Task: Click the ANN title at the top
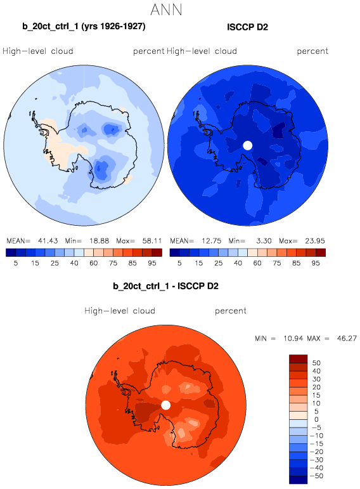pos(166,10)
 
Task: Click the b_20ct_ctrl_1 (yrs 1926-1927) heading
pos(84,26)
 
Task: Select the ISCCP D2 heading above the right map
pos(247,27)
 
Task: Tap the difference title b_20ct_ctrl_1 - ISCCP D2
pos(165,286)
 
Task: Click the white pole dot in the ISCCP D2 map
pos(247,145)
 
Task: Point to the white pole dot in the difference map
pos(166,405)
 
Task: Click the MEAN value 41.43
pos(48,241)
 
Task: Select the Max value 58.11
pos(152,241)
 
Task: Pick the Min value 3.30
pos(264,241)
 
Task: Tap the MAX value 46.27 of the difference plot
pos(347,339)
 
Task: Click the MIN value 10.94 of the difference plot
pos(293,339)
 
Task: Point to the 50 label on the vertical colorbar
pos(316,363)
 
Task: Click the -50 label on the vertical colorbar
pos(316,476)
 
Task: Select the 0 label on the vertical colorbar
pos(316,419)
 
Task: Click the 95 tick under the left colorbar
pos(151,263)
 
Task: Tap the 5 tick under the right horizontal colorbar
pos(179,263)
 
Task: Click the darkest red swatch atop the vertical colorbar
pos(299,359)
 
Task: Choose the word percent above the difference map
pos(231,311)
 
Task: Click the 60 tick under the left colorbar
pos(94,263)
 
